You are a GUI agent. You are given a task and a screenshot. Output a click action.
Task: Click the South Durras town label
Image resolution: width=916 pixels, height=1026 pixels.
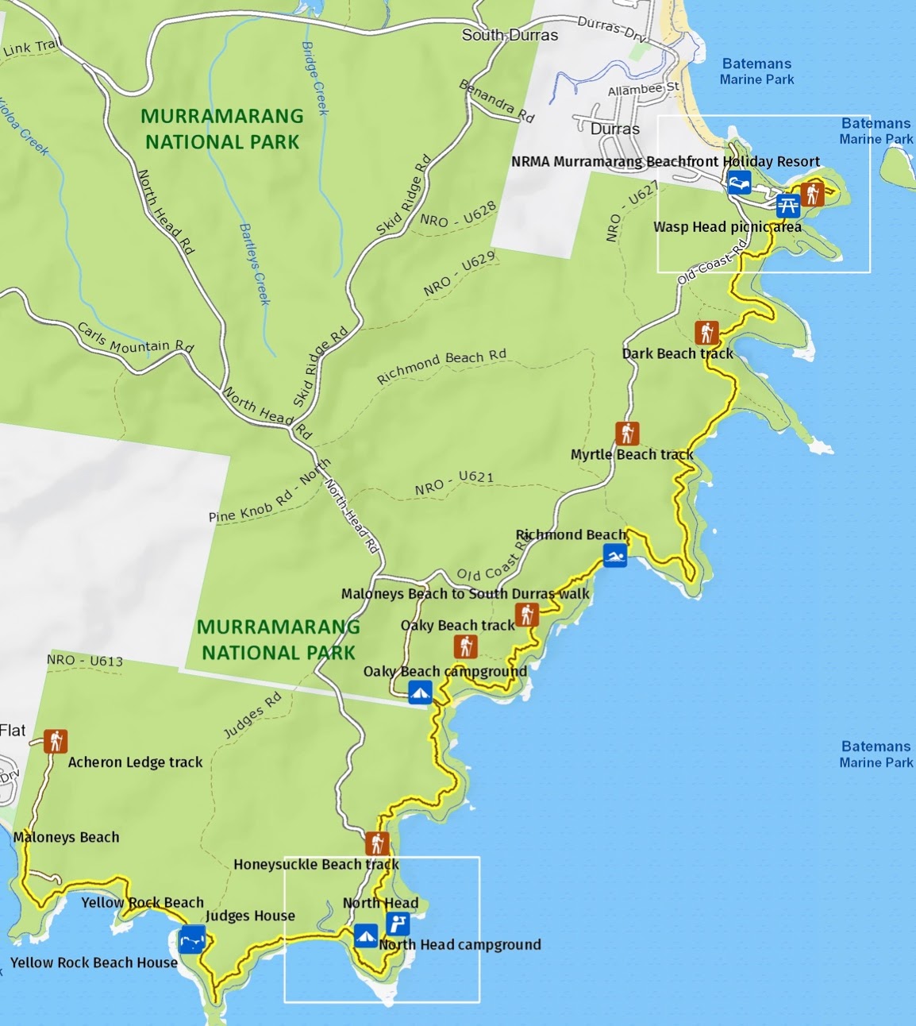tap(510, 35)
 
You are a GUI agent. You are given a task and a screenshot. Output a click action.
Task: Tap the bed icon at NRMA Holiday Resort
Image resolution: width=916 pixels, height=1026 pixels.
tap(739, 183)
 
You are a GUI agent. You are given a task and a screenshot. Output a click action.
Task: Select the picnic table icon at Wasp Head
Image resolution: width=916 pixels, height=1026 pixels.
tap(787, 206)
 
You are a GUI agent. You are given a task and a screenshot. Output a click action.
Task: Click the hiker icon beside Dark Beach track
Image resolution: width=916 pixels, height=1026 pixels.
tap(706, 332)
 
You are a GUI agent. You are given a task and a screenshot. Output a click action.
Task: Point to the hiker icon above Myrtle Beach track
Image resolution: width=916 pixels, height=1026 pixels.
tap(627, 434)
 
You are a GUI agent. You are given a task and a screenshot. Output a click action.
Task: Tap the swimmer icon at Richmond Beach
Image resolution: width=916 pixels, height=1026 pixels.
tap(614, 556)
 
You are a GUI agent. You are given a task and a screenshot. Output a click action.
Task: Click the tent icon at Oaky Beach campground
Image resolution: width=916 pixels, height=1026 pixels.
tap(420, 692)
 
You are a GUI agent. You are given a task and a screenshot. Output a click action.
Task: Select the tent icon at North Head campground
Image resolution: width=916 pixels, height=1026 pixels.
tap(366, 935)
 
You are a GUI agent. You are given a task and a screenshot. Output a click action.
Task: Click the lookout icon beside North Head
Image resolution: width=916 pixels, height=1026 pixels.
tap(398, 924)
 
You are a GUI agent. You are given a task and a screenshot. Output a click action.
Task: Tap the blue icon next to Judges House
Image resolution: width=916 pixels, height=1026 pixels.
tap(193, 939)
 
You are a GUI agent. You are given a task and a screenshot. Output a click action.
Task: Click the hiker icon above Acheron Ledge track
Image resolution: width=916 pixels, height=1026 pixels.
tap(56, 741)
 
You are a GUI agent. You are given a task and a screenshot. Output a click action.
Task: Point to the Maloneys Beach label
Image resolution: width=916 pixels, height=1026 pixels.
tap(66, 837)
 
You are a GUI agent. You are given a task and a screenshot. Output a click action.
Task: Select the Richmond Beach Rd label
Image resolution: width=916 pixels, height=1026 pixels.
tap(441, 366)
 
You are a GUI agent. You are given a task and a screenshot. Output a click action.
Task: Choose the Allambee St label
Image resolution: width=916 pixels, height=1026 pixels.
tap(644, 89)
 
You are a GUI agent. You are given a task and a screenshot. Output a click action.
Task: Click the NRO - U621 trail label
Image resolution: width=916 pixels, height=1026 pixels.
tap(453, 483)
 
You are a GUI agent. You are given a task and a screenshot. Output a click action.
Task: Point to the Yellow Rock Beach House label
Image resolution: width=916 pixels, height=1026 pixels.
tap(94, 962)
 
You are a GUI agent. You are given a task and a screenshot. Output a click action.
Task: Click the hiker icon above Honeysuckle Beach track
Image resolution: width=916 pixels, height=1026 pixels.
tap(377, 843)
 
